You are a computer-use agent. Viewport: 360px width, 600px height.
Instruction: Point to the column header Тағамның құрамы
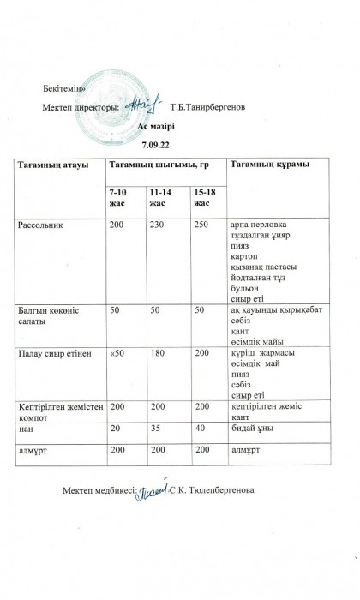coord(267,164)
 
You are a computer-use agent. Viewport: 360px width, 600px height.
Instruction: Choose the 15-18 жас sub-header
coord(205,196)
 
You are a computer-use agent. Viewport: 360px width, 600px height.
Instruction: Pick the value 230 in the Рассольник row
coord(156,224)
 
